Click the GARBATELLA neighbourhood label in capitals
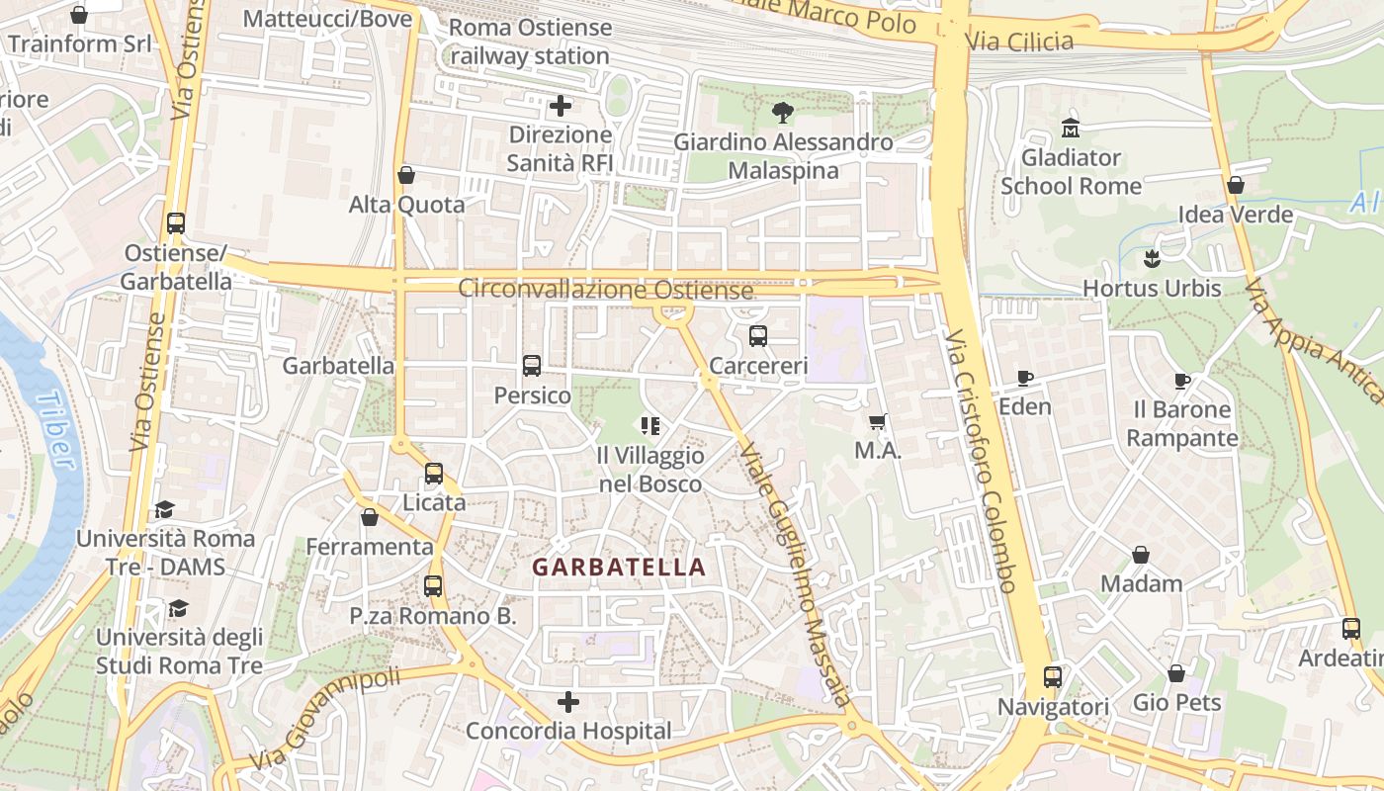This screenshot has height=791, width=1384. click(619, 568)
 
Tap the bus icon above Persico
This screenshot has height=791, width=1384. click(532, 366)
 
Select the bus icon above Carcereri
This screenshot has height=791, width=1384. click(758, 336)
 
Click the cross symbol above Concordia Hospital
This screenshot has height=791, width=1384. click(568, 702)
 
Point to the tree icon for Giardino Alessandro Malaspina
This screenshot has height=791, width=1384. click(782, 113)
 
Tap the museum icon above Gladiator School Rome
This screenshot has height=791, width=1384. click(1070, 128)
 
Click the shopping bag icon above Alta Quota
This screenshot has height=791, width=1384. click(405, 175)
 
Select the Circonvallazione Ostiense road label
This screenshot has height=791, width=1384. click(605, 290)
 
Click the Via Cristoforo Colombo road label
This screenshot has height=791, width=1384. click(980, 460)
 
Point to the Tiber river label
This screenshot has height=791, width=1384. click(55, 430)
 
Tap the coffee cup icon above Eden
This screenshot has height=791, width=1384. click(1025, 378)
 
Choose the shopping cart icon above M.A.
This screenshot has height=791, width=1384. click(877, 422)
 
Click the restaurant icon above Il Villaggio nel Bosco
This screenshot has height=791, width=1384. click(650, 426)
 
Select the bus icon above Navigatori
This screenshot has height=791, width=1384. click(1053, 677)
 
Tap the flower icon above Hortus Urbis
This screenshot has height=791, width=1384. click(1151, 259)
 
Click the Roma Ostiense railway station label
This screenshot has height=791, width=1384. click(530, 42)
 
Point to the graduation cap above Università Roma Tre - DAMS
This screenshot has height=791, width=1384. click(165, 509)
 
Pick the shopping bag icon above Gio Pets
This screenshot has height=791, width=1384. click(1176, 673)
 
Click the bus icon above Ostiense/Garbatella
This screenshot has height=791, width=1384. click(176, 223)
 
